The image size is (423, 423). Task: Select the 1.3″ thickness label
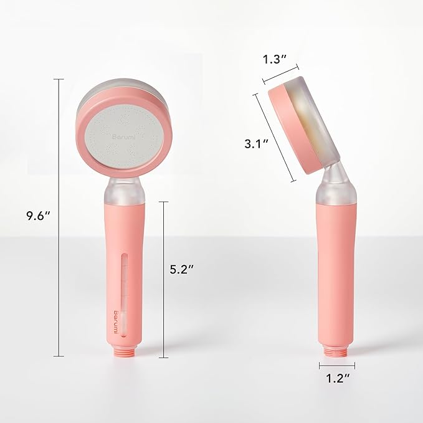[274, 60]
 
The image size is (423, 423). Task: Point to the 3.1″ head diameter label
[255, 143]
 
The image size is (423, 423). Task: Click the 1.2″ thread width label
[337, 377]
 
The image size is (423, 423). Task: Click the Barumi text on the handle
[116, 319]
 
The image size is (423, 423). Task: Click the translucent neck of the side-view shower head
[337, 185]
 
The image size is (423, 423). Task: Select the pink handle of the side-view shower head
[337, 268]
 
